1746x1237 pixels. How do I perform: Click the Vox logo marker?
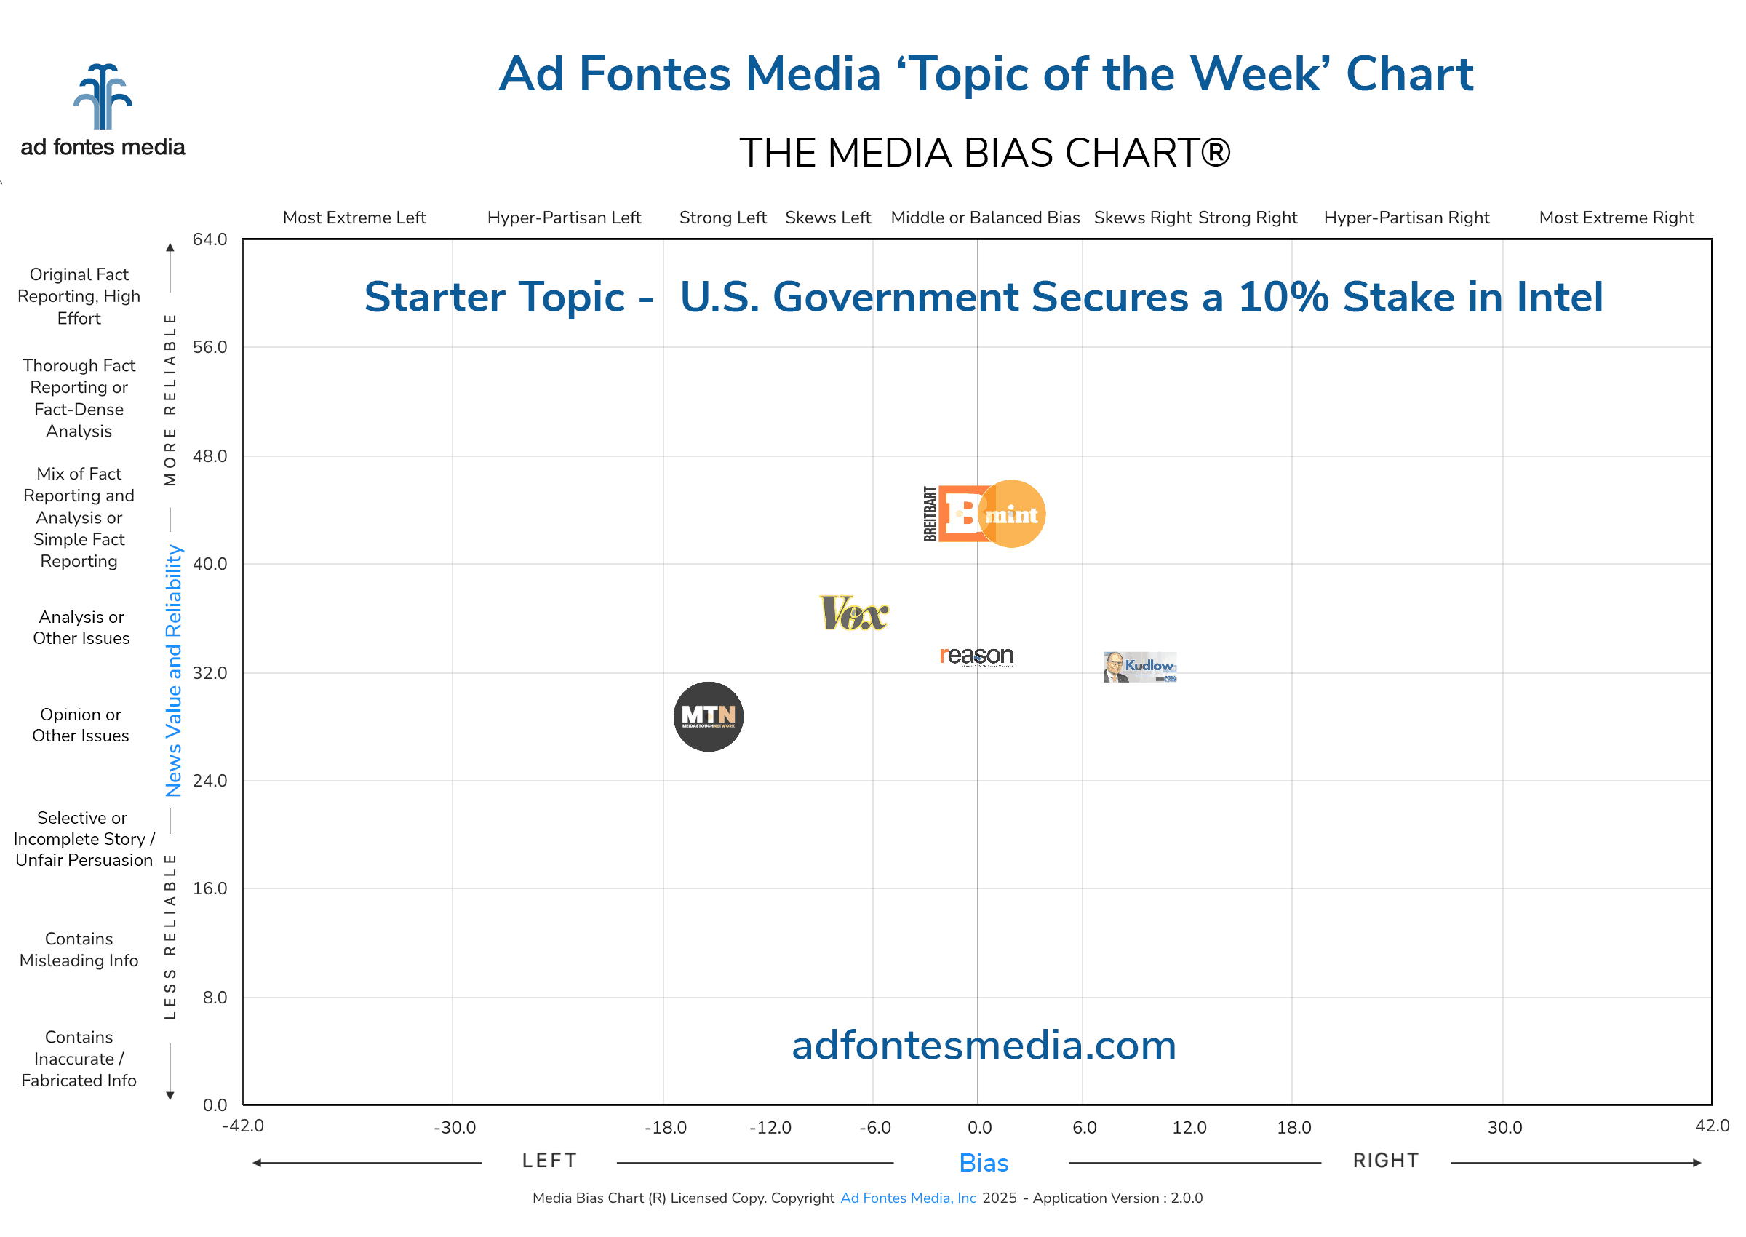click(853, 614)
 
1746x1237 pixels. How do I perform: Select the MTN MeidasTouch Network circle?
click(708, 717)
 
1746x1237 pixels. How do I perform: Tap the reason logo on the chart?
click(976, 656)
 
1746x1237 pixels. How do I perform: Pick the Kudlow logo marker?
click(1139, 667)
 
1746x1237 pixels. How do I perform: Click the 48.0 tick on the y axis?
click(210, 456)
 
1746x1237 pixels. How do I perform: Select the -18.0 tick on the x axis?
click(665, 1127)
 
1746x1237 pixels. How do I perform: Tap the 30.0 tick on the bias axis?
click(1504, 1127)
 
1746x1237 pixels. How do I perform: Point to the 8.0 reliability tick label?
click(214, 998)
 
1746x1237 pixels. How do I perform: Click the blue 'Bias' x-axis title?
click(983, 1163)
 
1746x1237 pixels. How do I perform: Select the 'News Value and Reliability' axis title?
click(174, 670)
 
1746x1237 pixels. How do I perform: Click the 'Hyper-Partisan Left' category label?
click(564, 218)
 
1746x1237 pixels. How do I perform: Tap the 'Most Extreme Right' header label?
click(1616, 218)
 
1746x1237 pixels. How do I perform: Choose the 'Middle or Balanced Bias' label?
click(984, 218)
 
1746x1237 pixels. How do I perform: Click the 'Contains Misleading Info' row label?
click(79, 949)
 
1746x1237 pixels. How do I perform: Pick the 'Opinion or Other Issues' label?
click(81, 725)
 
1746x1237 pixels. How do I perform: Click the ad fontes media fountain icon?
click(103, 97)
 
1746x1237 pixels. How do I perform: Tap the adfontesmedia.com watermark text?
click(983, 1045)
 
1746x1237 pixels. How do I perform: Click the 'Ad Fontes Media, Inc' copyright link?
click(908, 1198)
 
